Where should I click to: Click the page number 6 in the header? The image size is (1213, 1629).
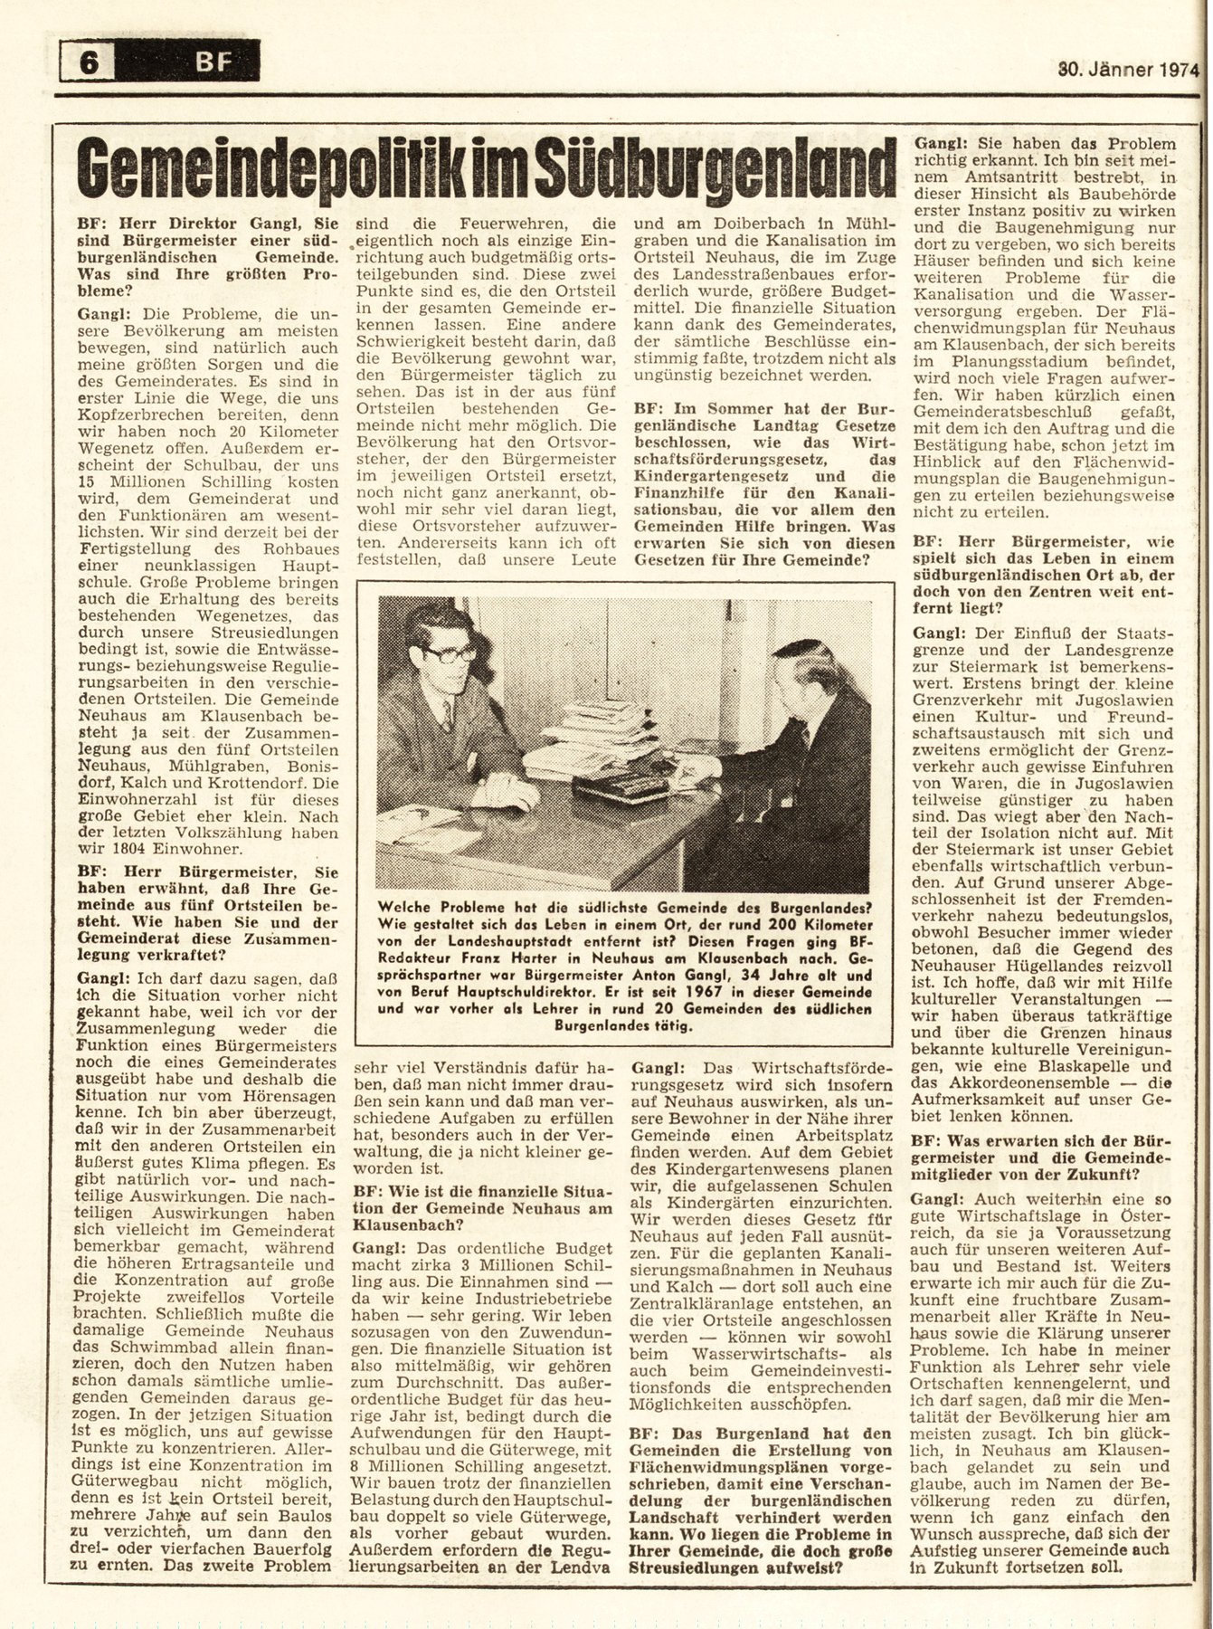(x=90, y=63)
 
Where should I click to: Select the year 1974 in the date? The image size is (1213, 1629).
(x=1174, y=69)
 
